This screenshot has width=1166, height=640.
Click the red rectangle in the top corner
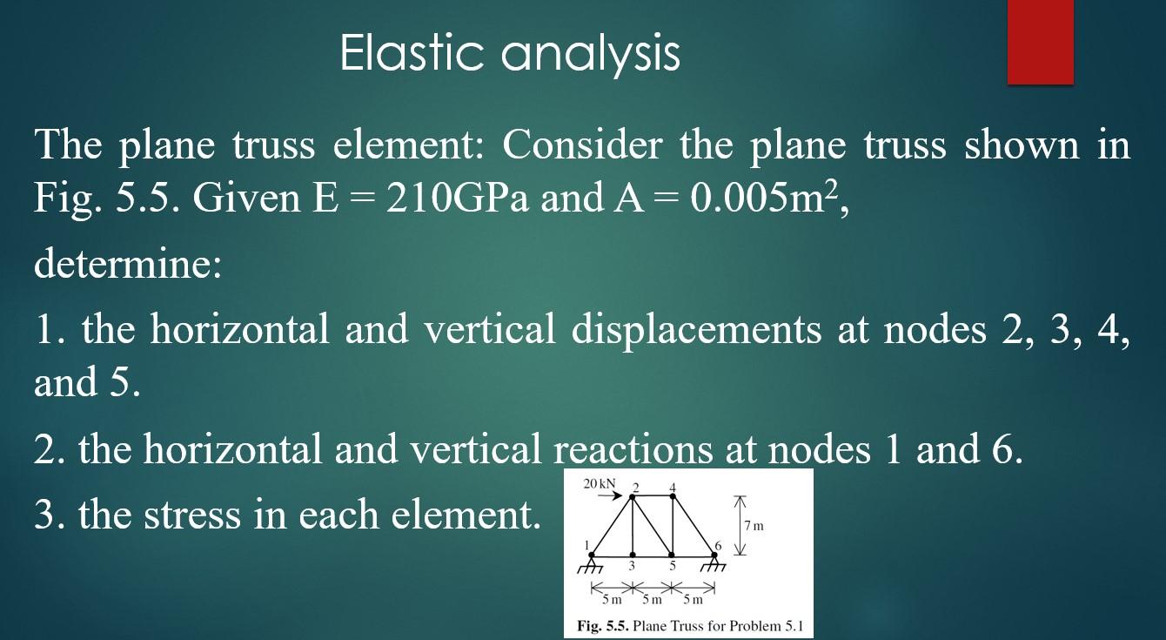1040,42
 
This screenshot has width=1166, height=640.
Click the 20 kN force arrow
608,496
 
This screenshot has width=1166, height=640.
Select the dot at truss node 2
633,496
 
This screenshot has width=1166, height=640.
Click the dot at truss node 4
672,496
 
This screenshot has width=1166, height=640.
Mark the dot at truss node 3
633,555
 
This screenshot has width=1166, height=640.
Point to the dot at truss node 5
672,555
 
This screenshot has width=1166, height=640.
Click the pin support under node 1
592,563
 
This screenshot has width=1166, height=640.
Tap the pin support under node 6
714,563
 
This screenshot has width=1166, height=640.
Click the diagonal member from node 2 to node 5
653,526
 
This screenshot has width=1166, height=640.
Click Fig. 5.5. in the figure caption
602,626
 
